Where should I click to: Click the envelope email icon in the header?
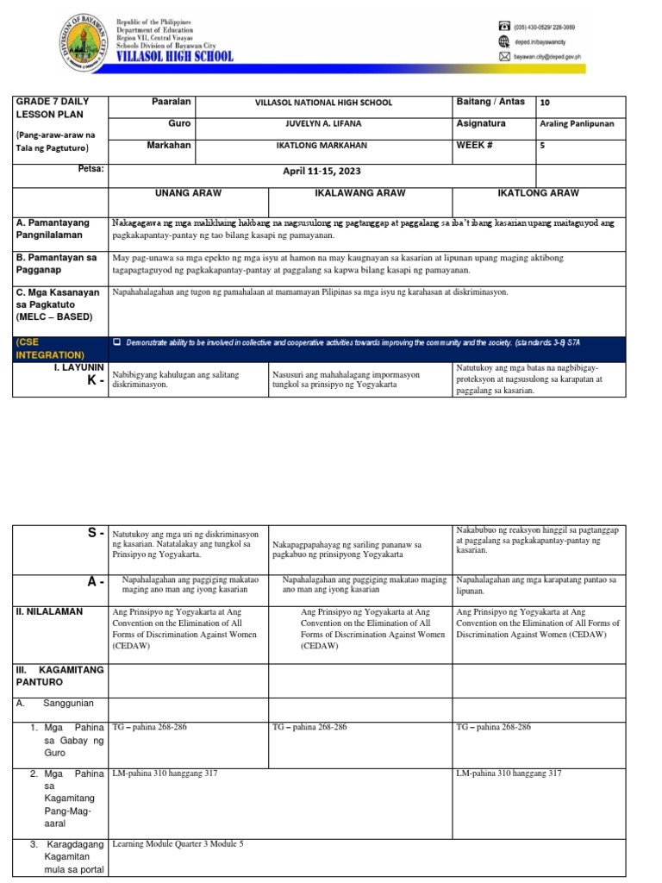coord(505,57)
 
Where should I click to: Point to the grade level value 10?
coord(545,103)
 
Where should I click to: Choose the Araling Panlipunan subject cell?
coord(577,124)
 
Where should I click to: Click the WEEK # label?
coord(473,145)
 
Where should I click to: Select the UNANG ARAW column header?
coord(189,193)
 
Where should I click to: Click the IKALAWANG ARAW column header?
coord(359,193)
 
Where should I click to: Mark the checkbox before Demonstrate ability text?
coord(117,343)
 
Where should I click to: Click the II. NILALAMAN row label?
coord(49,611)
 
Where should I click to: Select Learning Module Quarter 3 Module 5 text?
coord(178,843)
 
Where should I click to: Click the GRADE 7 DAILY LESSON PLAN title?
coord(52,108)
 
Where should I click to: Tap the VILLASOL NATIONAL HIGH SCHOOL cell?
coord(324,103)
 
